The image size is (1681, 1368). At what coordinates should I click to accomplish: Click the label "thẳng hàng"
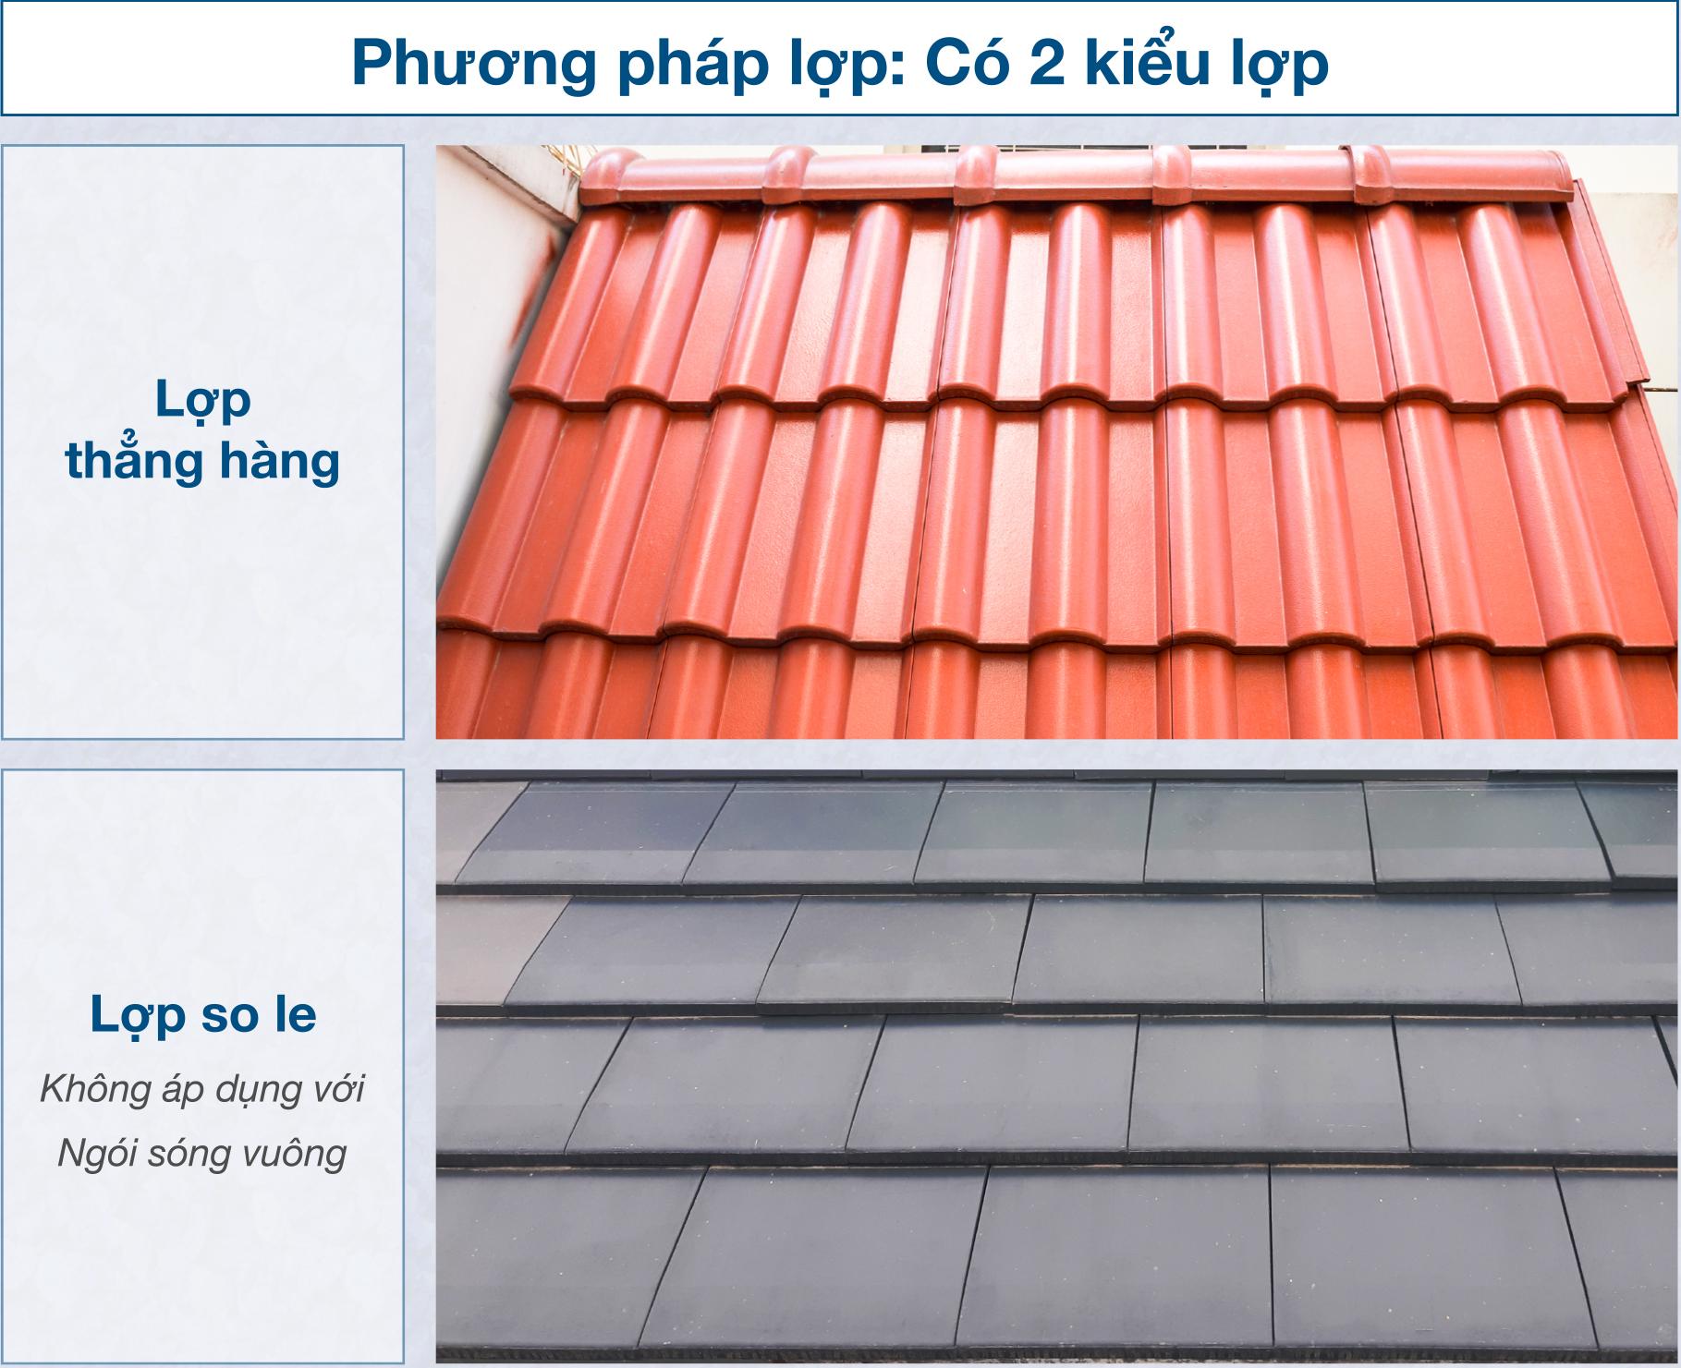click(x=202, y=462)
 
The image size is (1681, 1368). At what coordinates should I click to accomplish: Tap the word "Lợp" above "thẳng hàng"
click(x=203, y=402)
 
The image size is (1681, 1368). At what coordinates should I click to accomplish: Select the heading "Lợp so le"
click(x=203, y=1016)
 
